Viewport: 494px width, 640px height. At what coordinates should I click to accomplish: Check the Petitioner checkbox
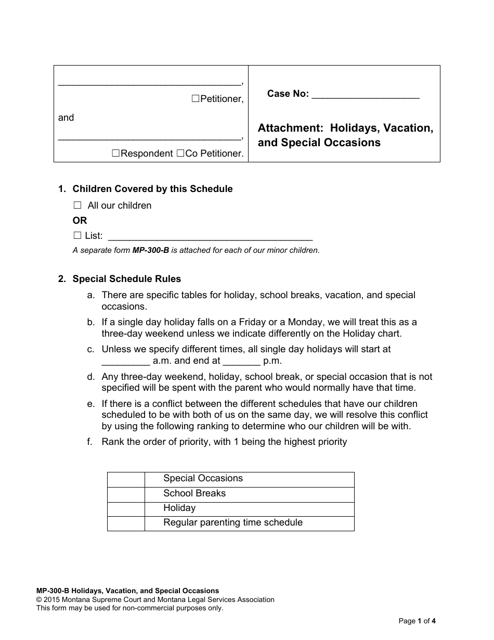pos(196,99)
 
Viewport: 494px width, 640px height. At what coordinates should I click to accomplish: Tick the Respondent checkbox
pos(116,153)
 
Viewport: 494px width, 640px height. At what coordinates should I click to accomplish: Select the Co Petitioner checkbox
pos(180,153)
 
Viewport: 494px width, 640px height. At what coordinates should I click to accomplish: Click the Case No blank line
pos(365,95)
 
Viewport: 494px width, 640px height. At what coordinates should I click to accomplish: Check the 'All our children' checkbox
pos(77,206)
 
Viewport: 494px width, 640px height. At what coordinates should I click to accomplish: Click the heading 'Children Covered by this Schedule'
pos(152,189)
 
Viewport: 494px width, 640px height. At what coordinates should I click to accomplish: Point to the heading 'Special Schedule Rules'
pos(126,279)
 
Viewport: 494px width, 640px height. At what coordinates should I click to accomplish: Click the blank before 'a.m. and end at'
pos(125,361)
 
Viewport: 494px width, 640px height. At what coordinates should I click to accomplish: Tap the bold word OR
pos(80,221)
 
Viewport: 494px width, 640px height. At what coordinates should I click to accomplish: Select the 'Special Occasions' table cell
pos(249,479)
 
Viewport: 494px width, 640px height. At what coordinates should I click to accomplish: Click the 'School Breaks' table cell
pos(249,494)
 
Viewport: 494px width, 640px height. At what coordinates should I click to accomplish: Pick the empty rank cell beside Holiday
pos(126,508)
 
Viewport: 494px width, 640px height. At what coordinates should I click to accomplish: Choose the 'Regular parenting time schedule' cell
pos(249,523)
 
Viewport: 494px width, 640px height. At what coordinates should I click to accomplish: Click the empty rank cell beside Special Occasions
pos(126,479)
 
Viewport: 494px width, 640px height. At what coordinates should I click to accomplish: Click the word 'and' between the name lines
pos(66,118)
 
